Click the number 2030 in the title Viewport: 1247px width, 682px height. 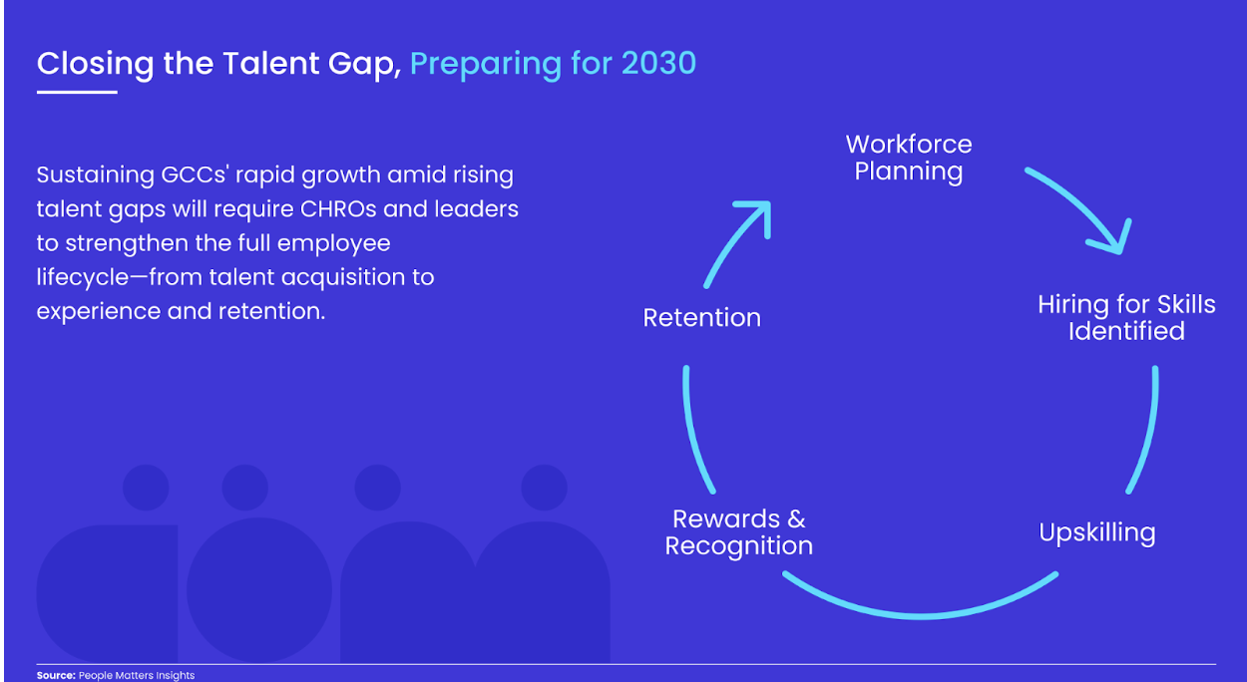click(x=658, y=63)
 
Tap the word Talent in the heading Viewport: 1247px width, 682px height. click(x=271, y=63)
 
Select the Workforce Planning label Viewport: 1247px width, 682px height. click(x=909, y=158)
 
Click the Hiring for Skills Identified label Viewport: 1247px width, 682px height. click(x=1126, y=318)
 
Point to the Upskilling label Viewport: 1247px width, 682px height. click(x=1097, y=532)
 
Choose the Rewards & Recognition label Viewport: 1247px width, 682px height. click(x=739, y=532)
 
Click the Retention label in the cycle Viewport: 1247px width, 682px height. click(x=701, y=318)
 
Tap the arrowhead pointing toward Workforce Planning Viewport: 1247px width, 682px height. click(x=757, y=215)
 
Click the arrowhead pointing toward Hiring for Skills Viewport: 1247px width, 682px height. click(x=1111, y=238)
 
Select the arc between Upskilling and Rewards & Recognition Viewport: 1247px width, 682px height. click(x=920, y=615)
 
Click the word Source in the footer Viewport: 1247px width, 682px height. click(x=56, y=675)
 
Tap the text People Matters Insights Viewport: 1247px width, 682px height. click(x=137, y=675)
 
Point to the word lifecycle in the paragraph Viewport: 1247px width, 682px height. click(x=83, y=277)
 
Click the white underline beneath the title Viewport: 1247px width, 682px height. click(x=77, y=93)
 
